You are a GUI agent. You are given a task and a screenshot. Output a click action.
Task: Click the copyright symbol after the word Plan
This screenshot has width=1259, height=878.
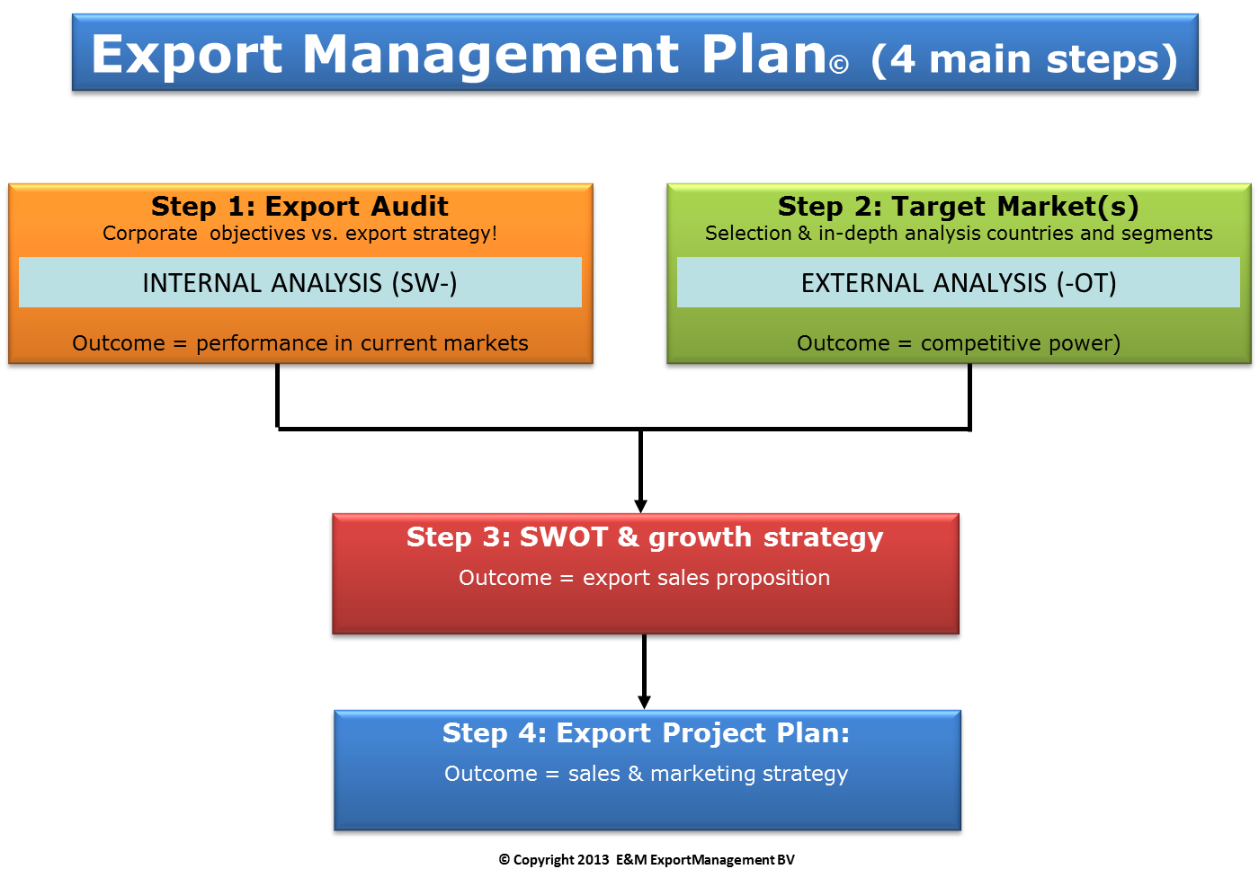point(838,65)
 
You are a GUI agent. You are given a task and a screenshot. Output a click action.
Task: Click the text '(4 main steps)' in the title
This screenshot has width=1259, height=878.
point(1024,59)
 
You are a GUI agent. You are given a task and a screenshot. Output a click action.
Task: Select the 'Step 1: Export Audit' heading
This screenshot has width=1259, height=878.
point(299,206)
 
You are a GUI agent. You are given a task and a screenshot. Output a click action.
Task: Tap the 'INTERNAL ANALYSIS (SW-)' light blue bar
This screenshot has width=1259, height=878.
point(300,282)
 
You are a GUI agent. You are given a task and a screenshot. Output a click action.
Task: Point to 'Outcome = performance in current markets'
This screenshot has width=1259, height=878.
point(300,342)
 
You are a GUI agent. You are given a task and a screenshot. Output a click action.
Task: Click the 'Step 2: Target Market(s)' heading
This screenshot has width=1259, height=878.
point(959,207)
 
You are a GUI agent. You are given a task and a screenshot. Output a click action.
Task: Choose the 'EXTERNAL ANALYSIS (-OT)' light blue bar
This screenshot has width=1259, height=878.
point(959,282)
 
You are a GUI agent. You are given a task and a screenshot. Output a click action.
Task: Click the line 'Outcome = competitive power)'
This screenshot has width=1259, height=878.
point(959,343)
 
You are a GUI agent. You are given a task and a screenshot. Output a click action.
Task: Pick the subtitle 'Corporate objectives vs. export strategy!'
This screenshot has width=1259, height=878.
point(299,233)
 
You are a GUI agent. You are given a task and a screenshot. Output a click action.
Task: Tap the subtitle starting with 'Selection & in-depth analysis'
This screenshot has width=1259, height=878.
point(959,233)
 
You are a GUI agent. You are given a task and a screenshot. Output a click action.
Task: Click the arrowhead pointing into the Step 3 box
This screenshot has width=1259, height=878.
point(640,506)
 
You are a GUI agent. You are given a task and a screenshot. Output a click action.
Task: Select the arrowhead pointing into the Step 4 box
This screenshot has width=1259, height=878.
point(644,702)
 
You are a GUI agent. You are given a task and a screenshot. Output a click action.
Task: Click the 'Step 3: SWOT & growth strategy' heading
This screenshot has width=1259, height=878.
point(645,537)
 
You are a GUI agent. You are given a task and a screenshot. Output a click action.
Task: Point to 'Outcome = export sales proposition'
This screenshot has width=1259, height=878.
point(644,578)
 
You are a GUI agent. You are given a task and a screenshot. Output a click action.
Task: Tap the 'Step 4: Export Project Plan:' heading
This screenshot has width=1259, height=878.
point(646,733)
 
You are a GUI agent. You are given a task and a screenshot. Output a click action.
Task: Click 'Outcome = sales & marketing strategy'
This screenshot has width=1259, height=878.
point(646,774)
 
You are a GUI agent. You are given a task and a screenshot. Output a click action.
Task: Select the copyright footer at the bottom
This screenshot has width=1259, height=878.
point(647,859)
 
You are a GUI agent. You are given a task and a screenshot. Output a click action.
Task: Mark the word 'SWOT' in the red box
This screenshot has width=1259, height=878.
point(563,537)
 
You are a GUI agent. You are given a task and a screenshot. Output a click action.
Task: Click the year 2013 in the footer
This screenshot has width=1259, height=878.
point(593,859)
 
